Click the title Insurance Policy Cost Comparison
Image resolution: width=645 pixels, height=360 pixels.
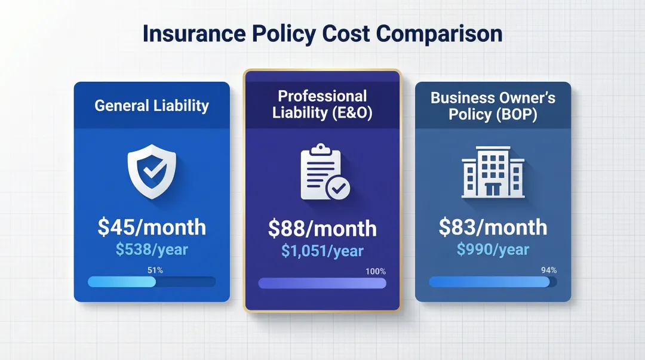point(322,34)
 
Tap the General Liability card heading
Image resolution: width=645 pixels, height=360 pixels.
point(152,106)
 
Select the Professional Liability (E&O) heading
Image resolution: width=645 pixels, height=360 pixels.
point(322,104)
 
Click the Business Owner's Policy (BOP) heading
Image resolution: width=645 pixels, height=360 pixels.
point(493,106)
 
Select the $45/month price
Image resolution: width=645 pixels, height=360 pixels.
point(152,227)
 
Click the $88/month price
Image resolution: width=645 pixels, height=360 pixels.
point(322,229)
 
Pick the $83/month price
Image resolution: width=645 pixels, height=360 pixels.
point(493,227)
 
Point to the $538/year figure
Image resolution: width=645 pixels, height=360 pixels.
point(152,249)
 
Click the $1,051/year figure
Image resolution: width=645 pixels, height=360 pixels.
point(322,251)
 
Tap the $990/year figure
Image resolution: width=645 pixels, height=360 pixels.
point(493,249)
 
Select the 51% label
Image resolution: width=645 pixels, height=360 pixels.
point(155,270)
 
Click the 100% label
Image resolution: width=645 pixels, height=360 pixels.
point(376,272)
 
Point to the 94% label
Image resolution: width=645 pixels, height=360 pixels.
point(548,270)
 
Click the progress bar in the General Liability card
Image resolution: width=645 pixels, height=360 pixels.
point(152,282)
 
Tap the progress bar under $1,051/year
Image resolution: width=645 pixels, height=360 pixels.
point(322,283)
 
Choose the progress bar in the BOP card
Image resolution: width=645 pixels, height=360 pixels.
point(493,282)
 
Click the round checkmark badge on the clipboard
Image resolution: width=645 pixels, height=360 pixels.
point(339,189)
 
